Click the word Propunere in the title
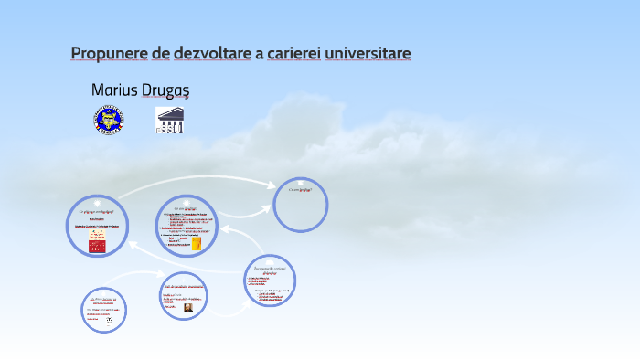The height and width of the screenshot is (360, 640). click(x=110, y=53)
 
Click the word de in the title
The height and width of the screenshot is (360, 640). click(x=161, y=53)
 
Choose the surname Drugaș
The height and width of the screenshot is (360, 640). click(x=165, y=90)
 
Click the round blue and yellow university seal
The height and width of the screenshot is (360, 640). click(x=108, y=120)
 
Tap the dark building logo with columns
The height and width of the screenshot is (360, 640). click(x=169, y=120)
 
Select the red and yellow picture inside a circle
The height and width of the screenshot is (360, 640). click(x=97, y=240)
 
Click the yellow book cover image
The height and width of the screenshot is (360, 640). click(x=196, y=243)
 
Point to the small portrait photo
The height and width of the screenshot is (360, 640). click(x=187, y=308)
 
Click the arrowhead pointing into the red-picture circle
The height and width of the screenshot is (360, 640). click(x=132, y=244)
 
